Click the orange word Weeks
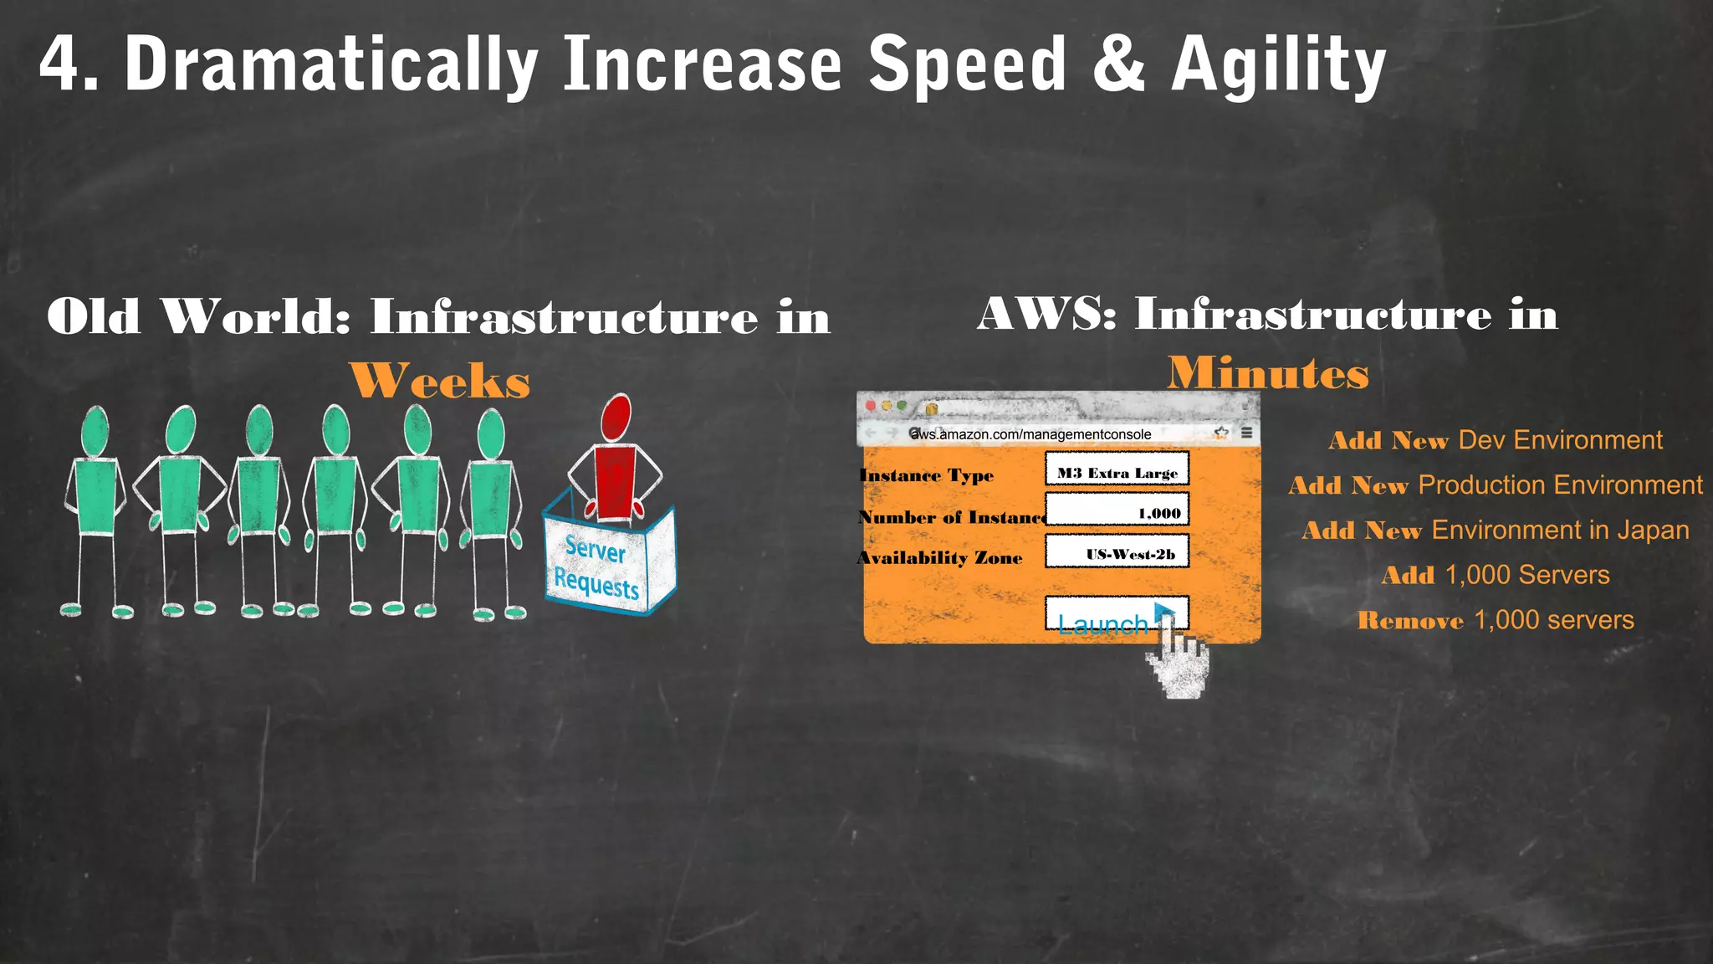440,382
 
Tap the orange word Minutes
1268,373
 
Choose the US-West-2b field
1117,553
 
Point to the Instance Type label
927,476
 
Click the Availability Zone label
940,558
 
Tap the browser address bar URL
1030,434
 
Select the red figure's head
616,416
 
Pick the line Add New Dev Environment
1496,440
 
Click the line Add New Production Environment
1496,485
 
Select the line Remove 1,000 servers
1496,620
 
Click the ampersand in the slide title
1118,64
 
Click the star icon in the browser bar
1221,433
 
